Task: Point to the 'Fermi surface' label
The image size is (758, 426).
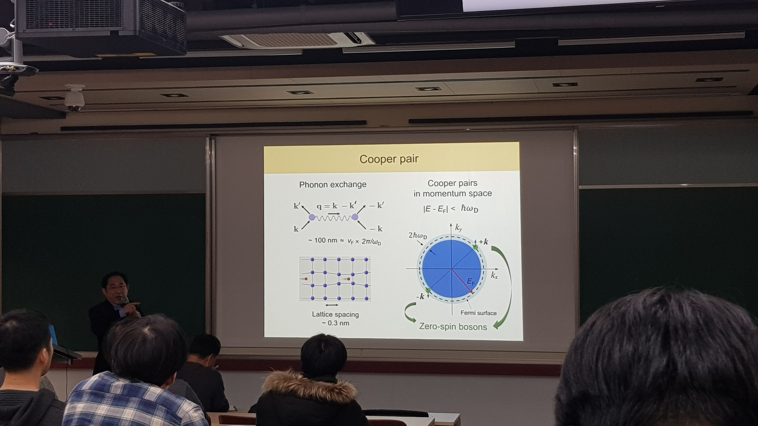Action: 478,313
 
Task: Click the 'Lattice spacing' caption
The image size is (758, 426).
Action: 335,314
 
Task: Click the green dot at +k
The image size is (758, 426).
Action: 475,247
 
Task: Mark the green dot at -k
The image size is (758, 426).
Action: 428,290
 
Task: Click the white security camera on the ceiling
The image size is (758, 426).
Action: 74,98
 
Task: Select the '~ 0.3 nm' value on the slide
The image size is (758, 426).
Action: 335,323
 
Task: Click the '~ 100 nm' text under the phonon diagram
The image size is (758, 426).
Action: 322,240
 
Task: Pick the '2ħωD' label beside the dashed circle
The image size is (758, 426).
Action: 418,236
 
